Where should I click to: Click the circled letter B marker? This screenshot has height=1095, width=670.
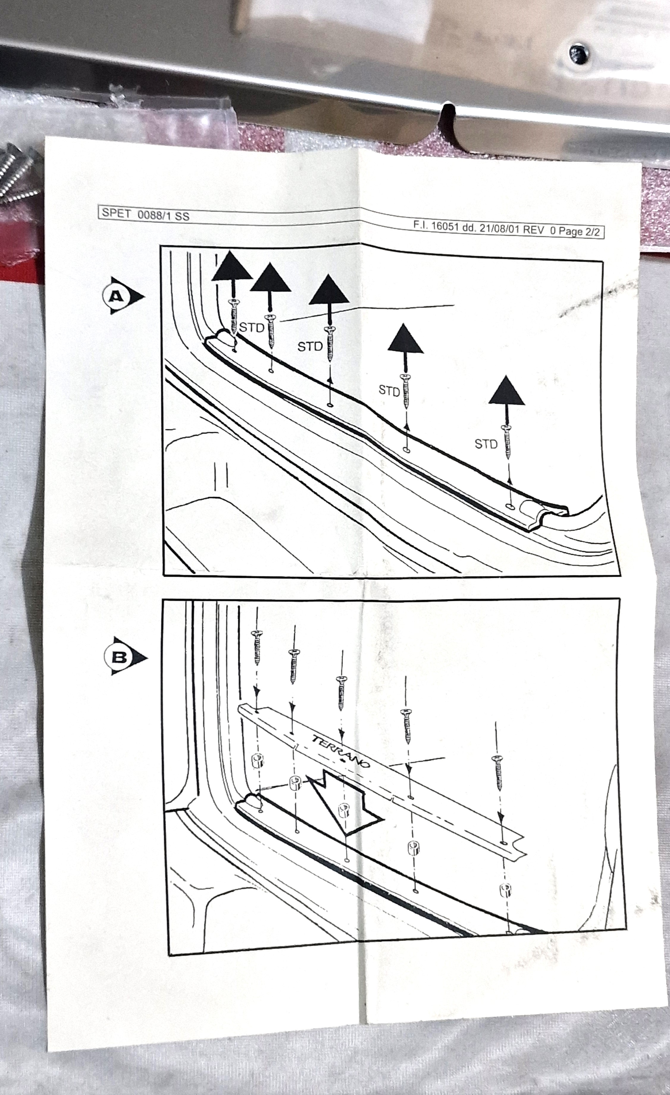[x=124, y=657]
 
